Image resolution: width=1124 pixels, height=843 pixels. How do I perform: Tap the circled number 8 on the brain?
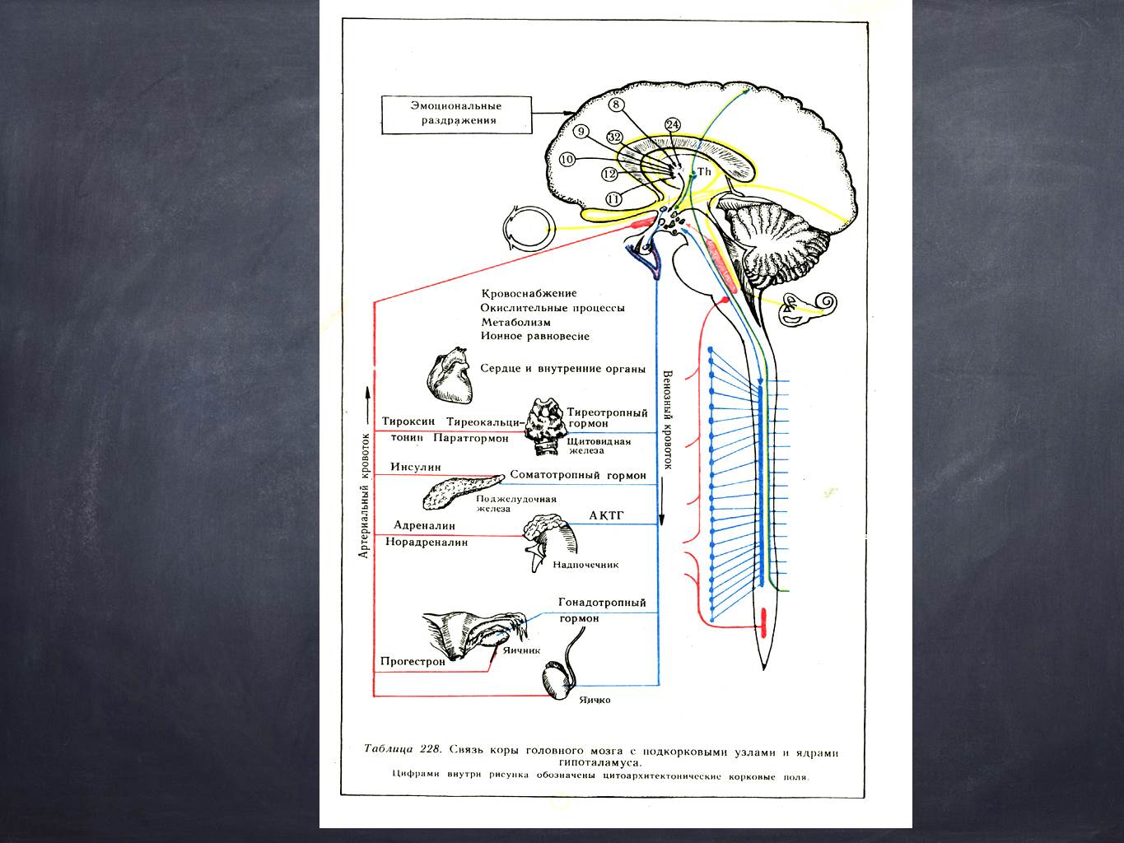(617, 105)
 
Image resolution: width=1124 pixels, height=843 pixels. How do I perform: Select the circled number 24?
(673, 125)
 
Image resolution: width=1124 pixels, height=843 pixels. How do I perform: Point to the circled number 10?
(567, 159)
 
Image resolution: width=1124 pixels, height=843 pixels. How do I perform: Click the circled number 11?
(613, 198)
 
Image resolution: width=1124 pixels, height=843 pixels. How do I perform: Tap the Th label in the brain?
(703, 171)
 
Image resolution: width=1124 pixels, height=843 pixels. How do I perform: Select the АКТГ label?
(608, 515)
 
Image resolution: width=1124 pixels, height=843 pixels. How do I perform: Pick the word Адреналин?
(424, 525)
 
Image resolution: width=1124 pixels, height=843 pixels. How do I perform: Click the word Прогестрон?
(413, 661)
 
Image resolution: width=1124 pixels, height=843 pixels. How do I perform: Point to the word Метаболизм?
(515, 322)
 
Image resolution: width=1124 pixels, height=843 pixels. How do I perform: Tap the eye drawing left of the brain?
(527, 227)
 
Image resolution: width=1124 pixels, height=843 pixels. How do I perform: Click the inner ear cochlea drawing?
(810, 310)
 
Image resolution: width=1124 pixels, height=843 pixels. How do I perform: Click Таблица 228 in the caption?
(403, 749)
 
